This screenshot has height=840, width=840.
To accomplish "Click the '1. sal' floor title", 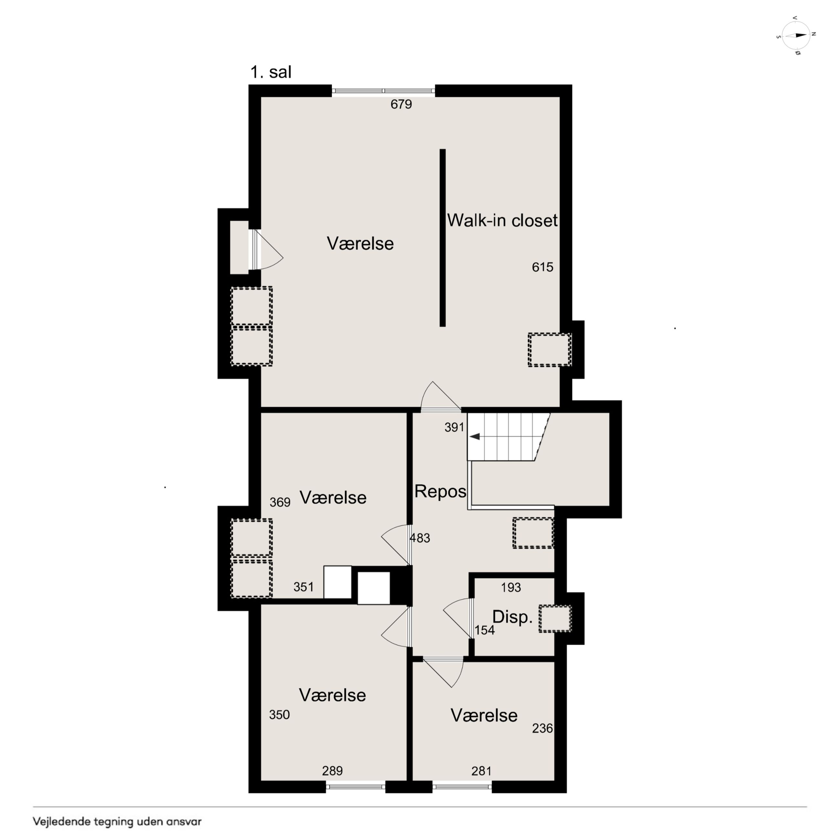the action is [x=271, y=72].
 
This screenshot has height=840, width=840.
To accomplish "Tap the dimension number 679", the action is [x=401, y=104].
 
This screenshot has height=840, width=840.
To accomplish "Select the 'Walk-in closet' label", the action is [x=502, y=220].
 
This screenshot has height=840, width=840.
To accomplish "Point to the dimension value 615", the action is [x=543, y=267].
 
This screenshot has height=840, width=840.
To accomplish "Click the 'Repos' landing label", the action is [x=440, y=491].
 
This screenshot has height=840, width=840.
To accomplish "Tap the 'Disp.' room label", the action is [x=512, y=617].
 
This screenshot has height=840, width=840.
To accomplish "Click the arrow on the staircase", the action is [x=475, y=436].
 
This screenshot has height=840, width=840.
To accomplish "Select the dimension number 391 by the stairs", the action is [x=454, y=427].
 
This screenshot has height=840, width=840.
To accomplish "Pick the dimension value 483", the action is [x=420, y=538].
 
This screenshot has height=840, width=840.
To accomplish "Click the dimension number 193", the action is [x=511, y=587].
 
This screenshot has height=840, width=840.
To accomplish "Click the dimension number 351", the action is [x=303, y=587].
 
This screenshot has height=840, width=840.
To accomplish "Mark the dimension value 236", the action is [x=543, y=728].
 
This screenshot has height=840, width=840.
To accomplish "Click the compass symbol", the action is [x=796, y=35].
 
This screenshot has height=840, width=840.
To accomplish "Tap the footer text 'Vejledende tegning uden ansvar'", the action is [x=117, y=821].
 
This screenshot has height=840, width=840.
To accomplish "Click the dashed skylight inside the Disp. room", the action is [x=555, y=619].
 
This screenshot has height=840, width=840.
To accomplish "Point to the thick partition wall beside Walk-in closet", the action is [x=443, y=237].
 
